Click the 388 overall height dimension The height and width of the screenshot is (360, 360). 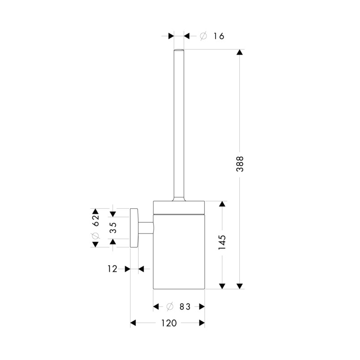240,164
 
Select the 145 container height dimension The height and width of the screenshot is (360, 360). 222,243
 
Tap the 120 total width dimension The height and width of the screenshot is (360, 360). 169,323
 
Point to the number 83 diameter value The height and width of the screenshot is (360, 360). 185,306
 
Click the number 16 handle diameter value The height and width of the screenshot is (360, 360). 219,36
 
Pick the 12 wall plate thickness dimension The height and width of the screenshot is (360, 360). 112,269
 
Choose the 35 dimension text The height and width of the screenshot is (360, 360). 113,228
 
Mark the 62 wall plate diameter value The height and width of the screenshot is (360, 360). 95,220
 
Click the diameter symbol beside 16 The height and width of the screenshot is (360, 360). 203,36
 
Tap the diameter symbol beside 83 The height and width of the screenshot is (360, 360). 170,306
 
